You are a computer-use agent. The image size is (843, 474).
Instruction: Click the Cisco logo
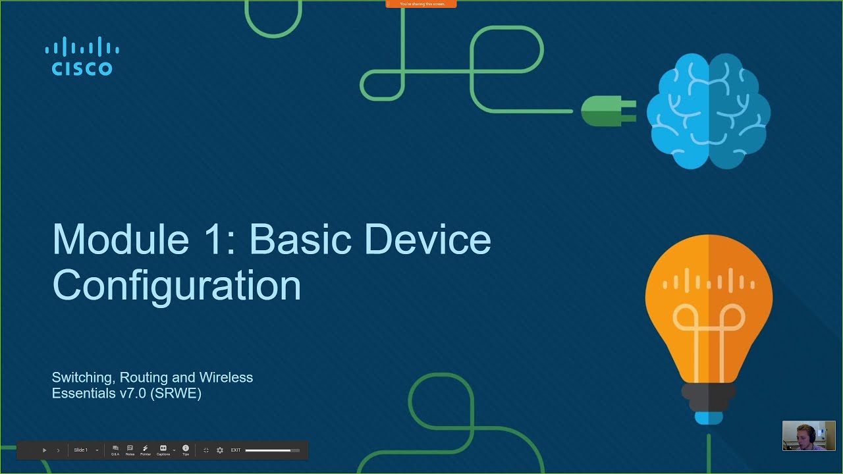click(82, 57)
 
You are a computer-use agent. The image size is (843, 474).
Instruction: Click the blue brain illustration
click(708, 111)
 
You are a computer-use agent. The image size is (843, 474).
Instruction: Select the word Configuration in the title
click(177, 285)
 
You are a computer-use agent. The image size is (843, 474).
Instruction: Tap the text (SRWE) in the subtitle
click(176, 394)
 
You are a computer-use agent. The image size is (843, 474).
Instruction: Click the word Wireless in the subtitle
click(226, 377)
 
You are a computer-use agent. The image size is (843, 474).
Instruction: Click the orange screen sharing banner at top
click(421, 4)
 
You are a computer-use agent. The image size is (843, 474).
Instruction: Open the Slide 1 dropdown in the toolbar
click(86, 450)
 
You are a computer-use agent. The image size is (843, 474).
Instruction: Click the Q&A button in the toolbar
click(115, 450)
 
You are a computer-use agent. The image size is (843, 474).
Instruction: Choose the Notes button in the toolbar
click(130, 450)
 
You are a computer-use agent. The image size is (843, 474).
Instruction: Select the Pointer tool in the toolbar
click(146, 450)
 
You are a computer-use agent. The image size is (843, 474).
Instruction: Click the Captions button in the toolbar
click(163, 450)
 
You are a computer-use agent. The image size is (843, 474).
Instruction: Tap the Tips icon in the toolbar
click(186, 450)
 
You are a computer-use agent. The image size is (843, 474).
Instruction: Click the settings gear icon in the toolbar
click(220, 450)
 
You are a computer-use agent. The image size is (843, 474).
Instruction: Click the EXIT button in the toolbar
click(236, 450)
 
